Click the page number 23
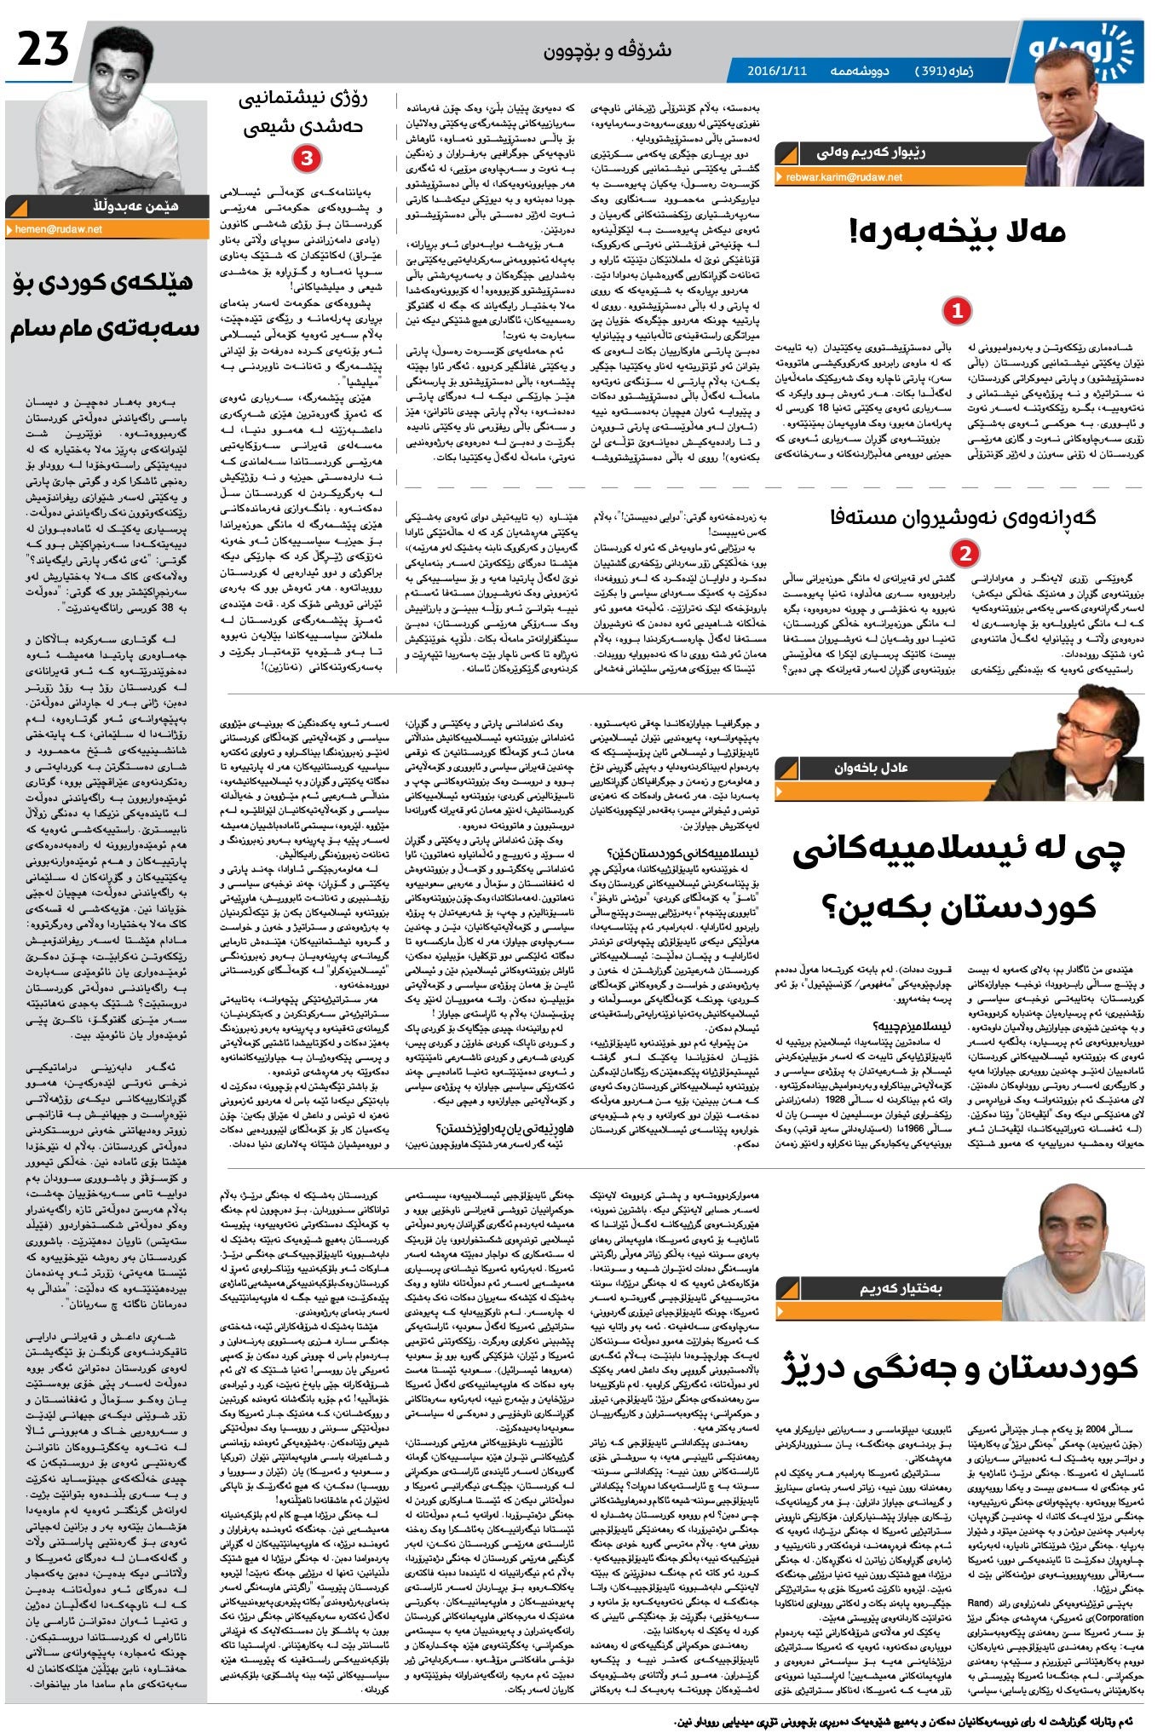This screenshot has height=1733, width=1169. [43, 49]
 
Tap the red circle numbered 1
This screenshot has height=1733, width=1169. [957, 311]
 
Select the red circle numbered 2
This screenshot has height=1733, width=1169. [965, 555]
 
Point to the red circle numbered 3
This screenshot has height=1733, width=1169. [306, 158]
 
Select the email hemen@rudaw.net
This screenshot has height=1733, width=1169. [59, 229]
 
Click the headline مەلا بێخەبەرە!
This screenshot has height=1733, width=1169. [958, 232]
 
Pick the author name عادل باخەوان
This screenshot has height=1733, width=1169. [871, 768]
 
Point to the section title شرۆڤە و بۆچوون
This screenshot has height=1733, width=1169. [608, 50]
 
